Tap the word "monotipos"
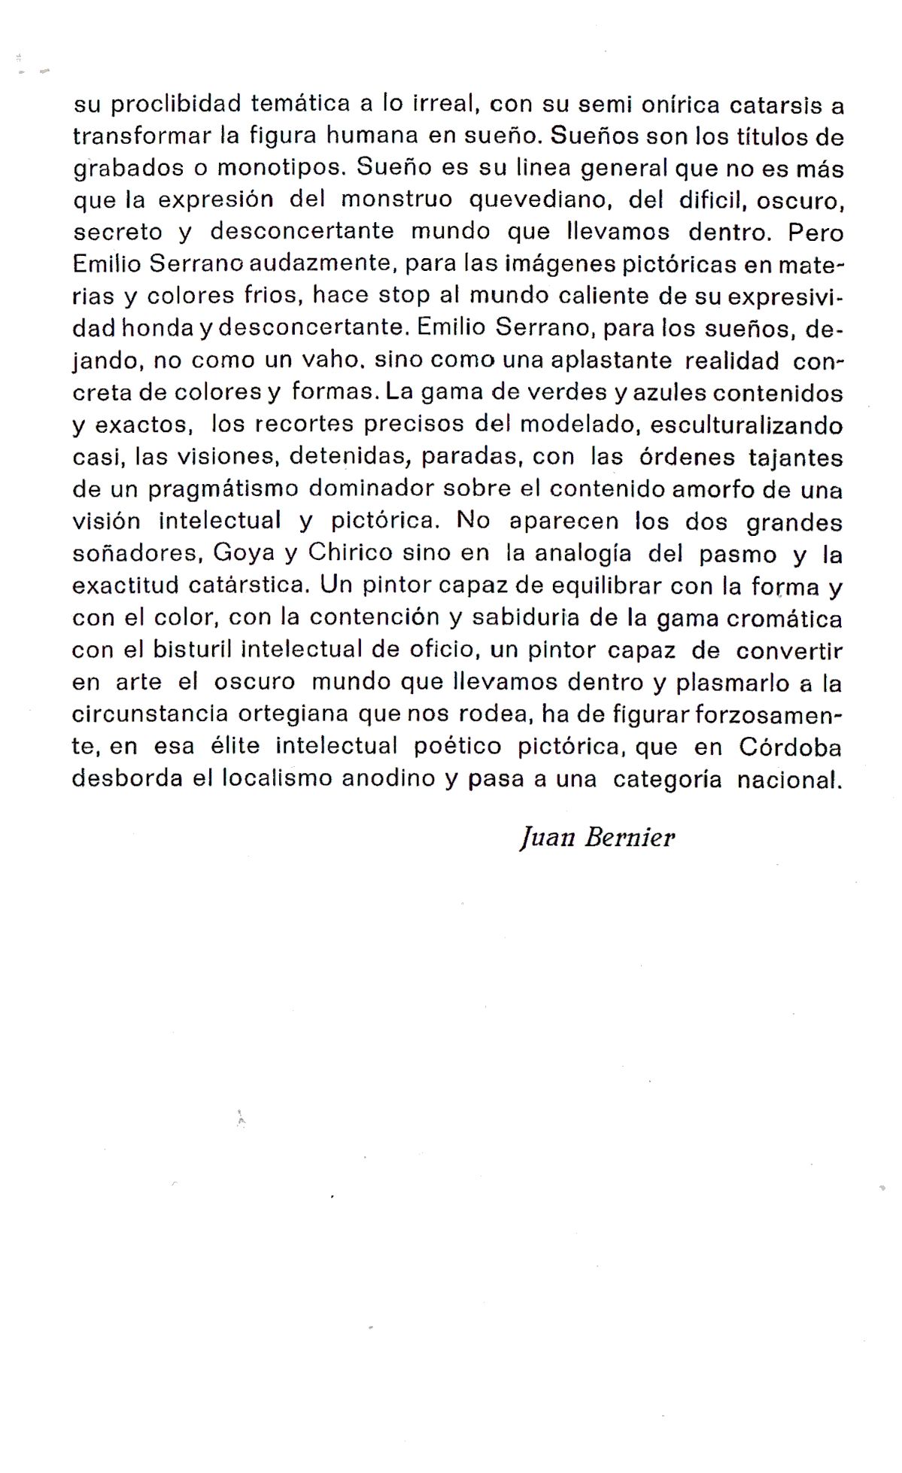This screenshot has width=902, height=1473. coord(279,168)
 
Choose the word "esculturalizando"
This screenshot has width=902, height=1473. coord(746,425)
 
